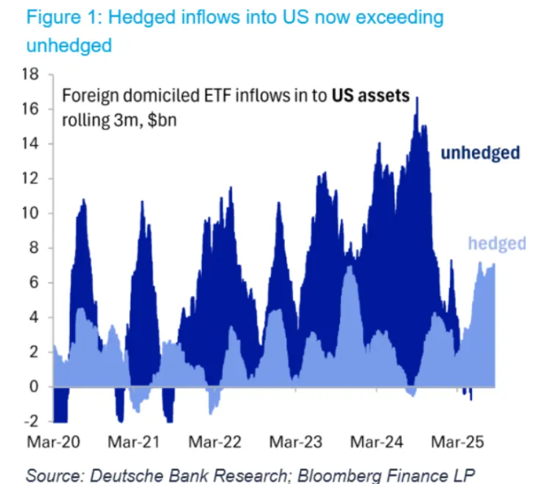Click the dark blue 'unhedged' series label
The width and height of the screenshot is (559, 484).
480,152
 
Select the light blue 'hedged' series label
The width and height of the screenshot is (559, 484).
497,243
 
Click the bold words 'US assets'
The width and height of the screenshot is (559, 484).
369,94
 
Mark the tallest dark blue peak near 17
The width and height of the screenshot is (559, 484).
417,99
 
